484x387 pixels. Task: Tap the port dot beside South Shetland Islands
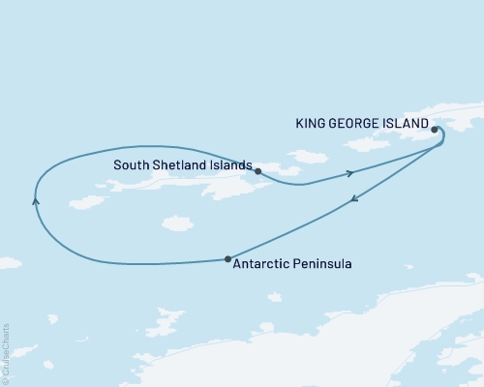coord(257,170)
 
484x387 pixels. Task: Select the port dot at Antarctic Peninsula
coord(227,258)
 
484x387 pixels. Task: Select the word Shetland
coord(180,165)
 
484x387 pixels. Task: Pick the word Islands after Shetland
coord(230,165)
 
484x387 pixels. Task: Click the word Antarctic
coord(262,262)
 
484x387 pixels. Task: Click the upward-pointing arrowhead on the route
coord(35,201)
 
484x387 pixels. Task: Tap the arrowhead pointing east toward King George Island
coord(350,173)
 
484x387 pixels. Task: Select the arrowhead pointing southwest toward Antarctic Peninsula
coord(353,198)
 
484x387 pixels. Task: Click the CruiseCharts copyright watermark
coord(6,352)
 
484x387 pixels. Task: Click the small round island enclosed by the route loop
coord(176,223)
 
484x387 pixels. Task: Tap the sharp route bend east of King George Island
coord(444,141)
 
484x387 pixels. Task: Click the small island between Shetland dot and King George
coord(308,156)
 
